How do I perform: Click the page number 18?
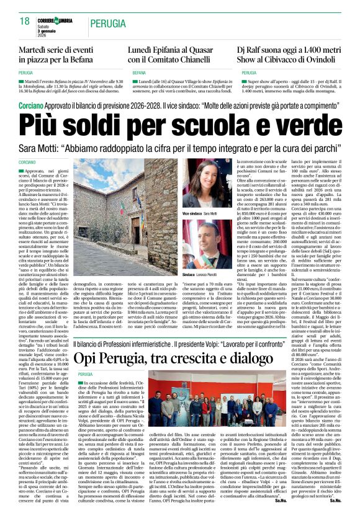(24, 20)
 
